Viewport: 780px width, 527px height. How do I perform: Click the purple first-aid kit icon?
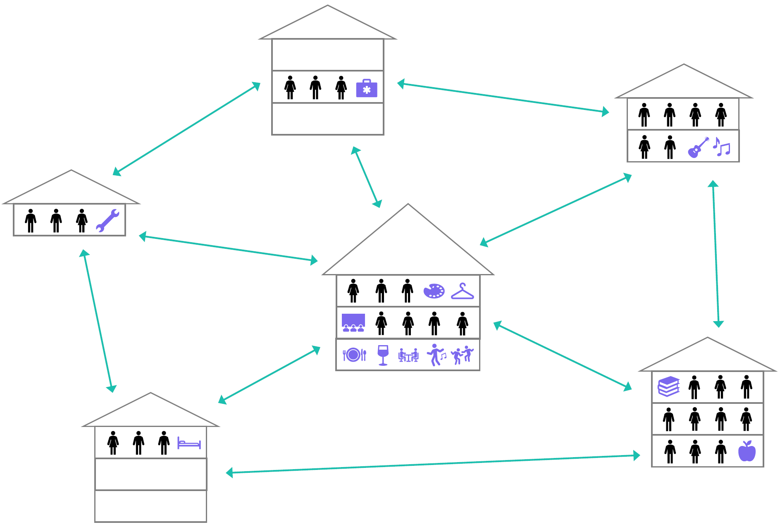tap(367, 88)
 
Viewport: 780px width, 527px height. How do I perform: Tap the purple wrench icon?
tap(107, 220)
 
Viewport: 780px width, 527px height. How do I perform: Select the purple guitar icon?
tap(698, 147)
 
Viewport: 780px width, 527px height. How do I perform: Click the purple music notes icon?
tap(722, 147)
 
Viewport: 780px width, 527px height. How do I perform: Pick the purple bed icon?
tap(189, 443)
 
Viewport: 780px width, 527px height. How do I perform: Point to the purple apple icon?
tap(747, 451)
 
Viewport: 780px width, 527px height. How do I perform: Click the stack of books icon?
tap(668, 386)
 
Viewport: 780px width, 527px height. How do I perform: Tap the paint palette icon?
tap(434, 291)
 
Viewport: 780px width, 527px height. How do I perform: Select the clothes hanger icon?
tap(463, 291)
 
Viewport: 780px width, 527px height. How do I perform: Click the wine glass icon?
tap(383, 355)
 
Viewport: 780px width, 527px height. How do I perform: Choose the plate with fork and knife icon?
tap(354, 355)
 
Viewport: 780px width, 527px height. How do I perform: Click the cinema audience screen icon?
tap(353, 323)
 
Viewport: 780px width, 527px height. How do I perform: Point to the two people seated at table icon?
tap(408, 355)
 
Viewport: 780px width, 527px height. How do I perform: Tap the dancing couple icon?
tap(463, 355)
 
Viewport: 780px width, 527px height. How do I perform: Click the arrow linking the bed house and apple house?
tap(433, 464)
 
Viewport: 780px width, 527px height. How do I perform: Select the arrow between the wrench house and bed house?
tap(98, 321)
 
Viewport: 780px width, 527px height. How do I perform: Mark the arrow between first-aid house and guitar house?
tap(503, 98)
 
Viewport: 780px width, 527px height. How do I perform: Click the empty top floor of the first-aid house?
tap(327, 55)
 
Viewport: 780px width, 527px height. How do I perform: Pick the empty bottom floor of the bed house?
tap(150, 506)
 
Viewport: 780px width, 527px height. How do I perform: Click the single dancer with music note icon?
tap(436, 355)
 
